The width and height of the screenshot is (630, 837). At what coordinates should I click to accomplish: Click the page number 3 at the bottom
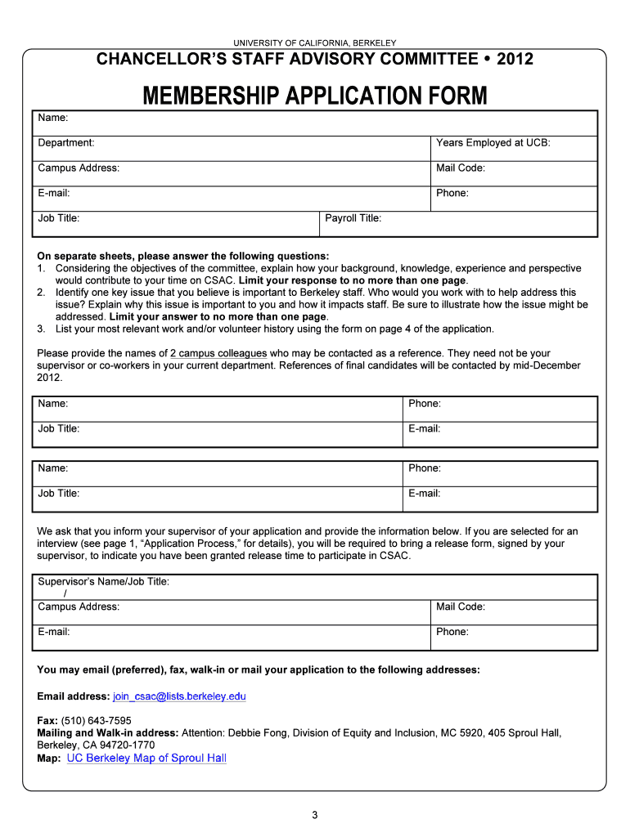[314, 815]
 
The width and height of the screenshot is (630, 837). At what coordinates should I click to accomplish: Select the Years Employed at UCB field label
[493, 143]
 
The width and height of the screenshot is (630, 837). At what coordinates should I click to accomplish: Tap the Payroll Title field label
[353, 218]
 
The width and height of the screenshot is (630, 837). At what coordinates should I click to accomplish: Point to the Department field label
[65, 143]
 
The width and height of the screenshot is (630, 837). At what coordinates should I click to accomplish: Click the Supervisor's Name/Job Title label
[103, 582]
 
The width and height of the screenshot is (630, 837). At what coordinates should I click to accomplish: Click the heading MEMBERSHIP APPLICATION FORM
[314, 96]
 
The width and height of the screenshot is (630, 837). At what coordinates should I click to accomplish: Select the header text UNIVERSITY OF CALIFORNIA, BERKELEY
[314, 43]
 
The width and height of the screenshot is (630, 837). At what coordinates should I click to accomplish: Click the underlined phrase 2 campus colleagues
[218, 353]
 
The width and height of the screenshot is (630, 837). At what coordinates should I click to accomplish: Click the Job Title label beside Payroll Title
[58, 218]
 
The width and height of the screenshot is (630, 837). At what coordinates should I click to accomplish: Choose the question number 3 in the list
[40, 329]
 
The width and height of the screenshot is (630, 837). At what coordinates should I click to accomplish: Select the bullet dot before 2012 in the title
[486, 59]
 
